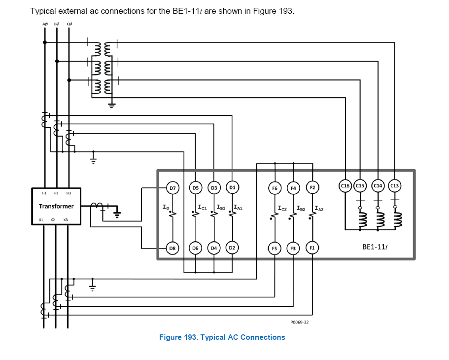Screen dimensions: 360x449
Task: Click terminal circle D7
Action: point(172,188)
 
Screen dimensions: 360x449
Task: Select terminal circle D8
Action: point(172,249)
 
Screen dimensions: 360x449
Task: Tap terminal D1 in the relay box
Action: point(232,187)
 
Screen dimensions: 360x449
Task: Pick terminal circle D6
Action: point(195,248)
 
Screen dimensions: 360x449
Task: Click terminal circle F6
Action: point(275,188)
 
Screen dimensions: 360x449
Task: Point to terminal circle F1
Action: point(312,248)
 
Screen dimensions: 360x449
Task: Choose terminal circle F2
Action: point(312,187)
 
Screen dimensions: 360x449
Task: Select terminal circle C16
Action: point(345,186)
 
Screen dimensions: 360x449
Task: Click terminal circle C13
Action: point(395,186)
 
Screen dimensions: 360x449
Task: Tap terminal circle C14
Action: point(378,186)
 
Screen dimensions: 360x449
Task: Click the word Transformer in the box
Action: point(56,206)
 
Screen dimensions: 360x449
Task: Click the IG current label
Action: point(166,208)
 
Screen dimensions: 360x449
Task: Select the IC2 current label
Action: point(282,209)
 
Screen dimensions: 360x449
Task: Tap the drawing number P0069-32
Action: point(299,322)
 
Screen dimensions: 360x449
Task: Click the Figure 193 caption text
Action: point(222,337)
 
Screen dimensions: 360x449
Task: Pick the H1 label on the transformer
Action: point(44,193)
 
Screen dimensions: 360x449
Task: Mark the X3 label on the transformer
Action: point(66,219)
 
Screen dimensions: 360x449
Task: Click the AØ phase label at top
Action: point(45,24)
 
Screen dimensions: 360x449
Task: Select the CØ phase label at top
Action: point(69,24)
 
